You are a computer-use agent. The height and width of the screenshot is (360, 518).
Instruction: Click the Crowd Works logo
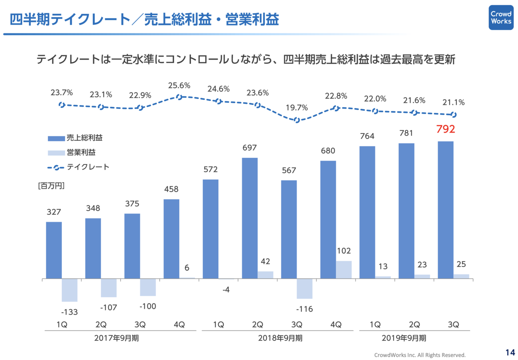(x=501, y=17)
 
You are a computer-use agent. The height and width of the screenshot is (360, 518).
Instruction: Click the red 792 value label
(x=446, y=129)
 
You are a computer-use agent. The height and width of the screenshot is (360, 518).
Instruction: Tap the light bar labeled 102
(x=344, y=270)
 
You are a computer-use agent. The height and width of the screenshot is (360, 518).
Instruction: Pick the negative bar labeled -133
(x=69, y=290)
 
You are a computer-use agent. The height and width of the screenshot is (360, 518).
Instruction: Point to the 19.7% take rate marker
(x=297, y=120)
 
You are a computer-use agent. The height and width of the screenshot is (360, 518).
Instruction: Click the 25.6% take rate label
(x=179, y=86)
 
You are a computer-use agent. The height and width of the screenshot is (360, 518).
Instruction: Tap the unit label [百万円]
(x=51, y=186)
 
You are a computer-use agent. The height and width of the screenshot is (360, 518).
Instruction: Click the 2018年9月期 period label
(x=280, y=338)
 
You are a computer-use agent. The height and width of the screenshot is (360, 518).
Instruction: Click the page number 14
(x=508, y=350)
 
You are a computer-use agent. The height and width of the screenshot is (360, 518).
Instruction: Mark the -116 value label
(x=304, y=309)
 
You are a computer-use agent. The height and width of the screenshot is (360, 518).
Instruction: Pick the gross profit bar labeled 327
(x=54, y=250)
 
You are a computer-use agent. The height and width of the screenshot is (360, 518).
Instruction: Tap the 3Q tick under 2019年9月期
(x=453, y=324)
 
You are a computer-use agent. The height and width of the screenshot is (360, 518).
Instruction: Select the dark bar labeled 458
(x=171, y=239)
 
